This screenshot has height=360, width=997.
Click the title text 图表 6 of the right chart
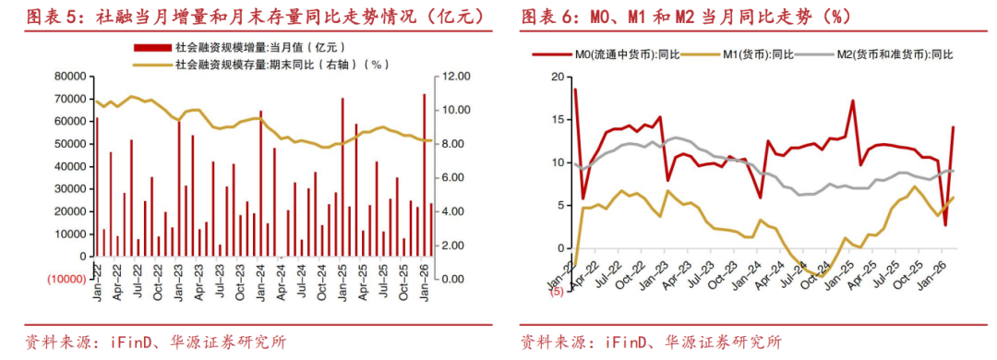[552, 17]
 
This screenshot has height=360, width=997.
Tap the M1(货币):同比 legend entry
[748, 54]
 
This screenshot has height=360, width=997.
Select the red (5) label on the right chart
[557, 292]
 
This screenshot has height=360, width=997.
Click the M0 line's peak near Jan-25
[853, 101]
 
